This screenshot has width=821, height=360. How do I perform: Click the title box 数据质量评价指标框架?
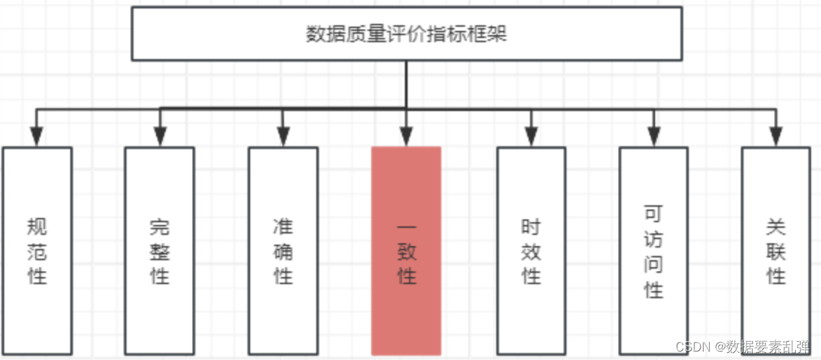tap(406, 34)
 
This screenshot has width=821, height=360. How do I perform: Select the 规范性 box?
tap(37, 250)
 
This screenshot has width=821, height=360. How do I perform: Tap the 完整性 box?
tap(160, 250)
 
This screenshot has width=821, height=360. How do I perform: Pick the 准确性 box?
tap(283, 250)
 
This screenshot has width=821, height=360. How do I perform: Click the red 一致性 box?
tap(406, 250)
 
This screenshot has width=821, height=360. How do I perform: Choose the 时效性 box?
tap(531, 250)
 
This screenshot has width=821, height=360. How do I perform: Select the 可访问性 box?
tap(654, 250)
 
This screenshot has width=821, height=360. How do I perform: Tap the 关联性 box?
tap(776, 250)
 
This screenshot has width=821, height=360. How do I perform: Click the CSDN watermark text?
tap(742, 347)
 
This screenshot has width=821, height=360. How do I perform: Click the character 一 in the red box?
tap(406, 229)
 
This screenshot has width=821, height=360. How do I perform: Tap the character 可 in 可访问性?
tap(654, 214)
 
